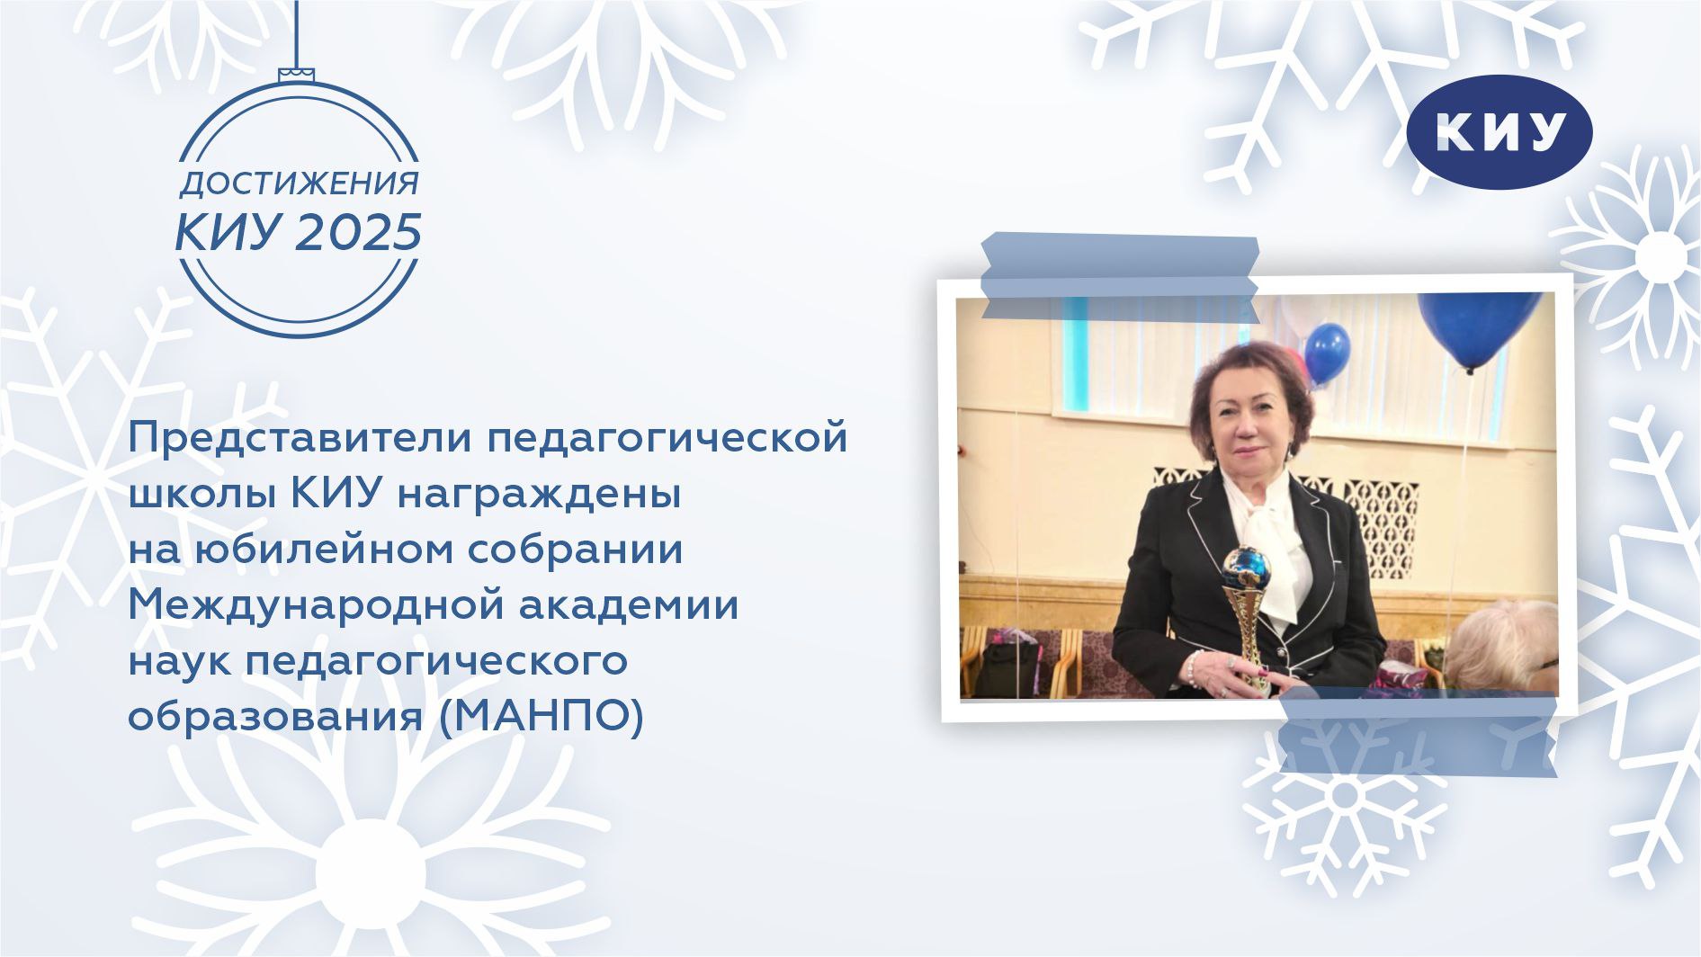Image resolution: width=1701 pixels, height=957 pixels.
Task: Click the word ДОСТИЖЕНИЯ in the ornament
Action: click(299, 184)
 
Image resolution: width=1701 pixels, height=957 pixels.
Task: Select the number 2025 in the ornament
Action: click(359, 233)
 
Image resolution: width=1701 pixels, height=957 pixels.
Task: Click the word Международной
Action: click(316, 606)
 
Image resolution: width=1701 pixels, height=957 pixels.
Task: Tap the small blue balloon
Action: click(1326, 353)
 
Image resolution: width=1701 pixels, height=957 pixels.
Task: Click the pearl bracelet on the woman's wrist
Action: click(1192, 667)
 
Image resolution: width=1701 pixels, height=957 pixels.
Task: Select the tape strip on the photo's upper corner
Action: click(1119, 277)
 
